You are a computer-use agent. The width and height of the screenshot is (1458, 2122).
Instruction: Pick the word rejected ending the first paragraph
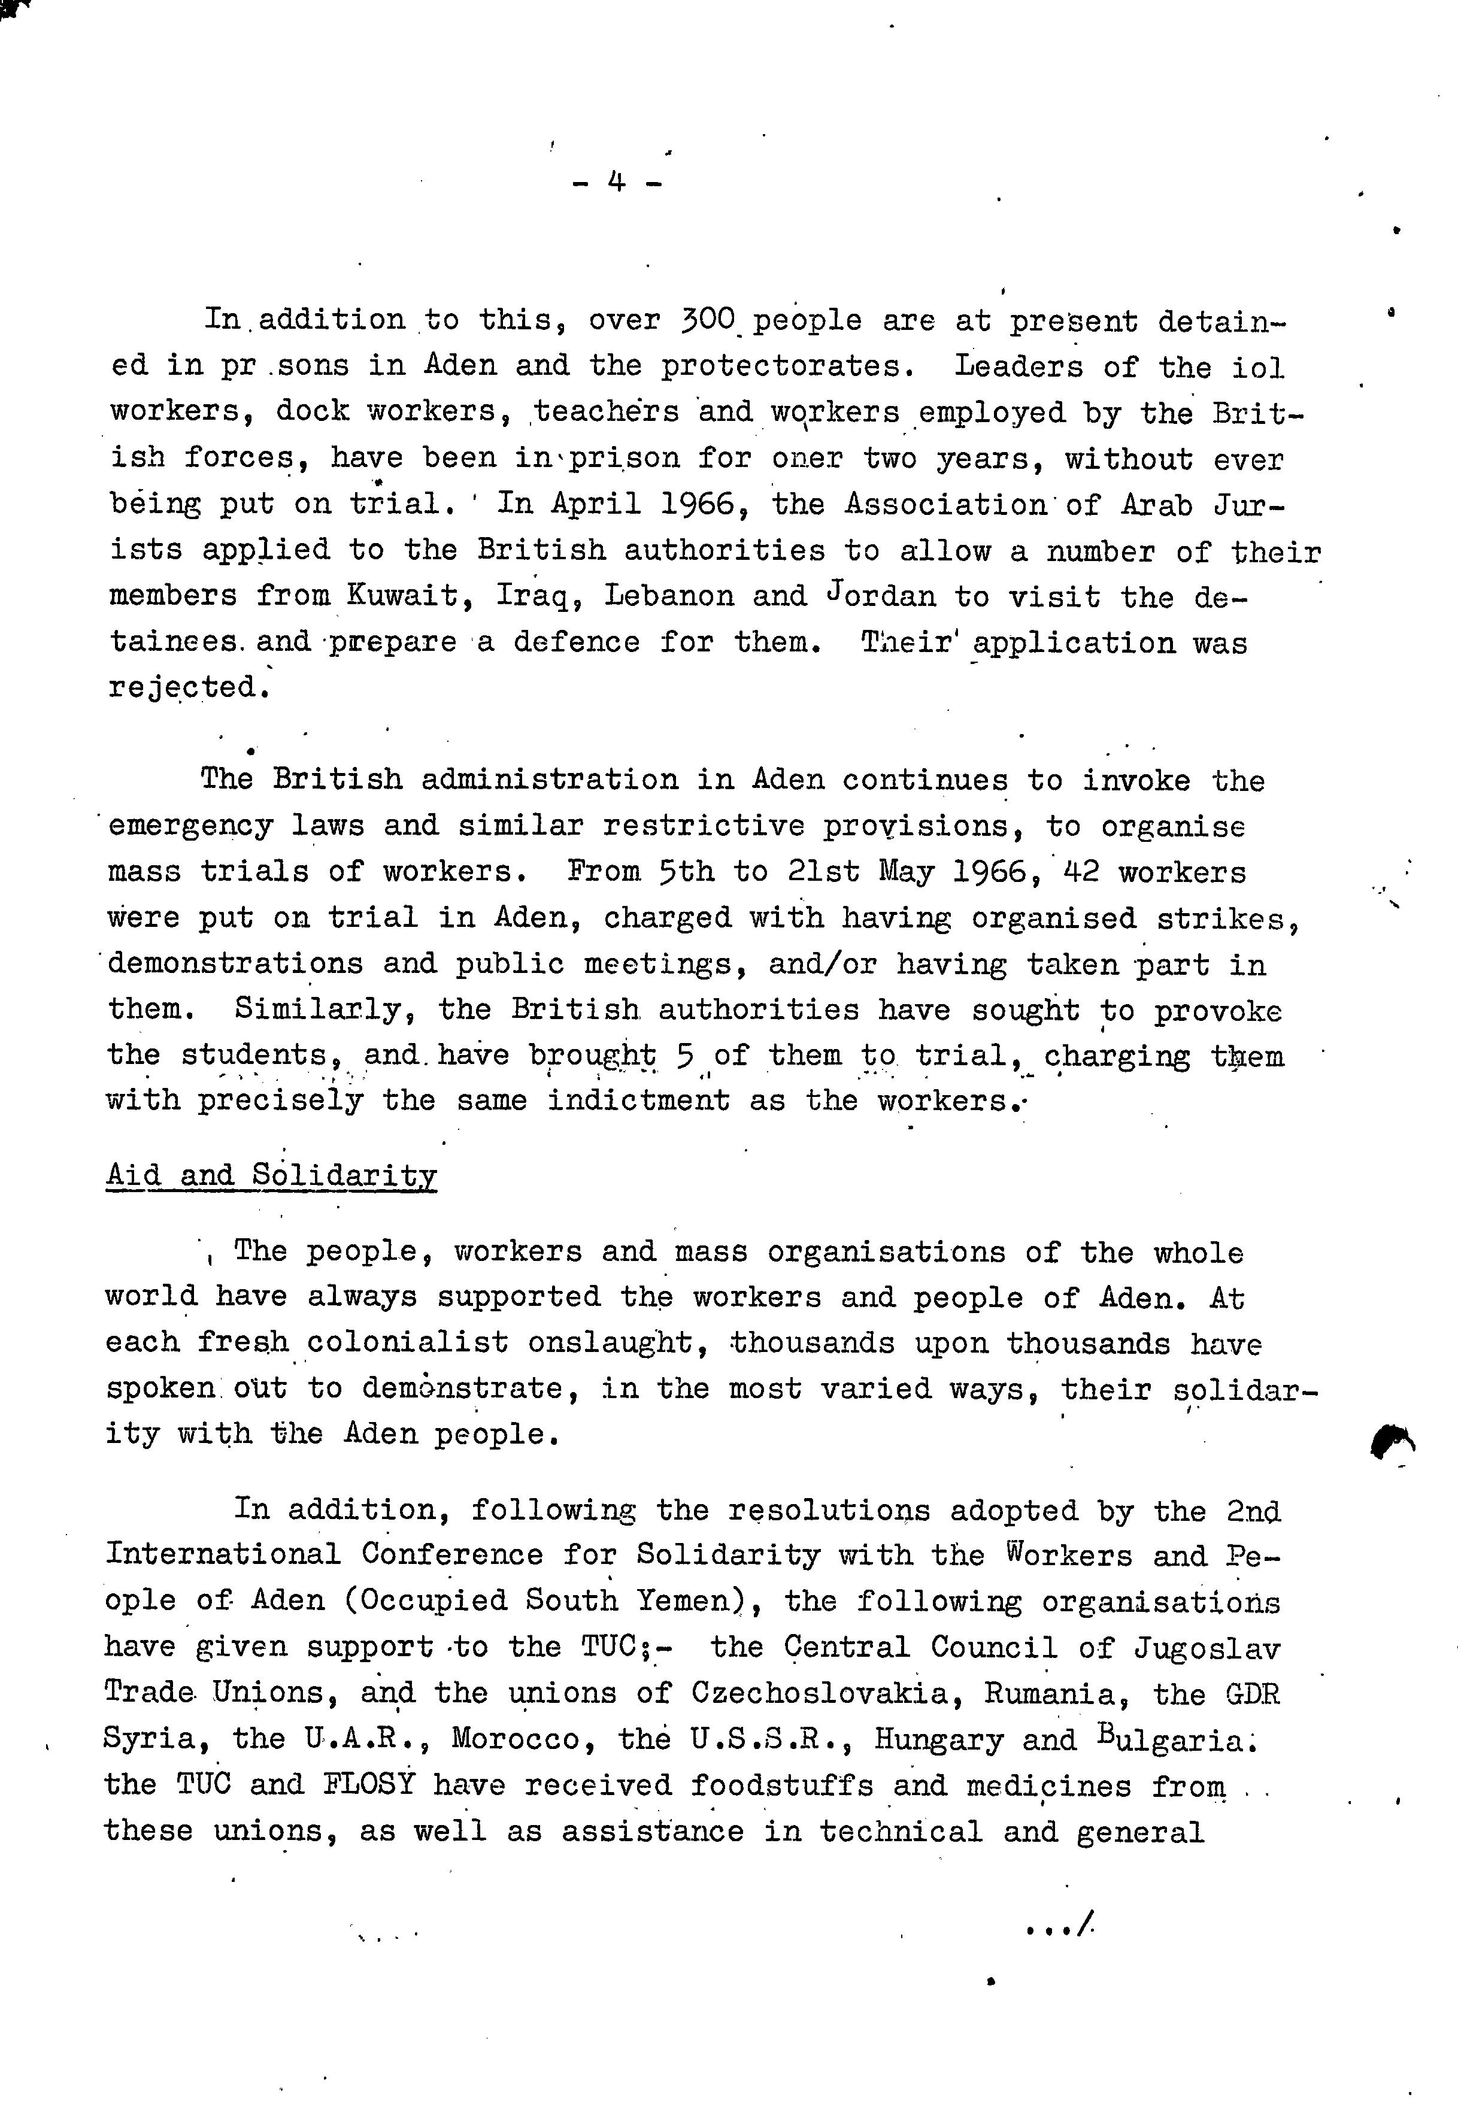[189, 687]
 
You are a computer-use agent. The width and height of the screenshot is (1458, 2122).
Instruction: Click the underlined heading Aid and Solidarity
[271, 1175]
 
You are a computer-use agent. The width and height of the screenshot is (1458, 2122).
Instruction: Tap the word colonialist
[407, 1343]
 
